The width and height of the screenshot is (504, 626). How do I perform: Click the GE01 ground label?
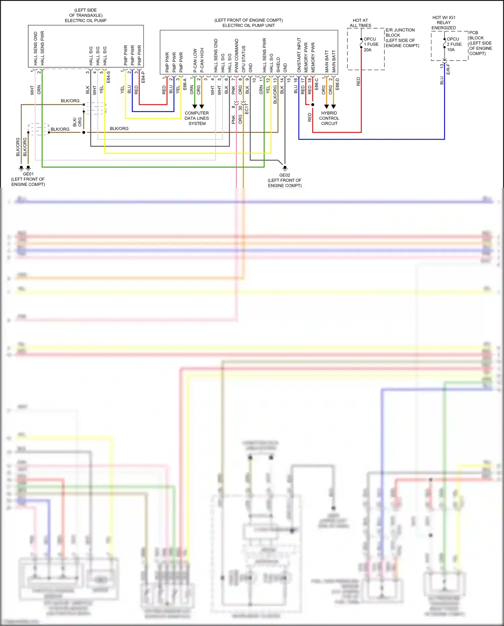click(28, 174)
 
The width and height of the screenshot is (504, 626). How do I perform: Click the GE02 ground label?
click(285, 175)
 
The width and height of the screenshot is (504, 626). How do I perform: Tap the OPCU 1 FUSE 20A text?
click(371, 44)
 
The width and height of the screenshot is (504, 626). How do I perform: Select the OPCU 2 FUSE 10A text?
click(454, 44)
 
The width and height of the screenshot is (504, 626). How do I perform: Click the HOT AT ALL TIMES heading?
click(360, 23)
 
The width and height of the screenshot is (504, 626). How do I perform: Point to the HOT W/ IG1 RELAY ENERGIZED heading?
click(444, 23)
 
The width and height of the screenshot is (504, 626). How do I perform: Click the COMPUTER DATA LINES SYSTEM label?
click(197, 118)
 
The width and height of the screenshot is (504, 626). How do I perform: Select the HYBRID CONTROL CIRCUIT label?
click(329, 118)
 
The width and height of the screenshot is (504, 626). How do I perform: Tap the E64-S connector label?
click(109, 77)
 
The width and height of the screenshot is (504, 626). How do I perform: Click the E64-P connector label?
click(143, 77)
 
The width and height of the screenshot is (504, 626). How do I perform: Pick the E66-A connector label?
click(185, 84)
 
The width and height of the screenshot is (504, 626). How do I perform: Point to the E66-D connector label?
click(337, 84)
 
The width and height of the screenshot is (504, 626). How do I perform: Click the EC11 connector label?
click(247, 109)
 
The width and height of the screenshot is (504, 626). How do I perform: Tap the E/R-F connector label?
click(448, 69)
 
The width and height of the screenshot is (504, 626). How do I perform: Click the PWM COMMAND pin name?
click(237, 56)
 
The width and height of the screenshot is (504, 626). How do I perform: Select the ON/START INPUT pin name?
click(299, 55)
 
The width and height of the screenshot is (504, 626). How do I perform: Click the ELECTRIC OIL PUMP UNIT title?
click(249, 25)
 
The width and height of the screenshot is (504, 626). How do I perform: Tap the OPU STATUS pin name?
click(244, 59)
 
